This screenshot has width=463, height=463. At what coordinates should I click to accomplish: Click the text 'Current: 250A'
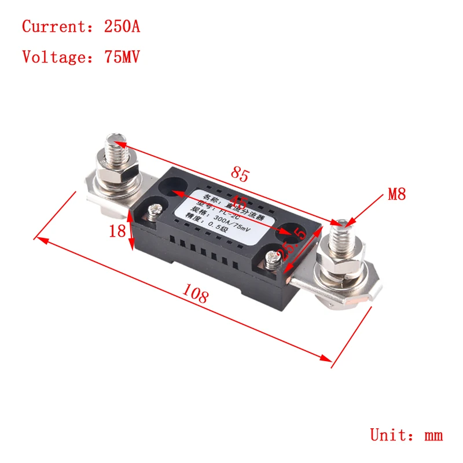pos(81,27)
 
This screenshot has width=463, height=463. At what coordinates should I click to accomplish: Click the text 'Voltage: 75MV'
pos(81,57)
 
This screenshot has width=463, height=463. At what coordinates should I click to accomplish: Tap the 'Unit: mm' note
pos(406,435)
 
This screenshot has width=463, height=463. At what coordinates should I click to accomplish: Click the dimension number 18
pos(117,231)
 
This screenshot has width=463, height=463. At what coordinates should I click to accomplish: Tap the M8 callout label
pos(396,194)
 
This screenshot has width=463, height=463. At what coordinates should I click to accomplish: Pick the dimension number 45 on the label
pos(238,203)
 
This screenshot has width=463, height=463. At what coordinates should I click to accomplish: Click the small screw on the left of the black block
pos(155,211)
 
